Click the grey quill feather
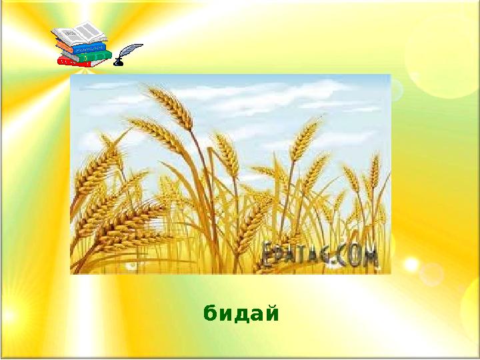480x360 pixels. pos(131,51)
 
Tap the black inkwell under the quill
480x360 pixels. pos(119,62)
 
